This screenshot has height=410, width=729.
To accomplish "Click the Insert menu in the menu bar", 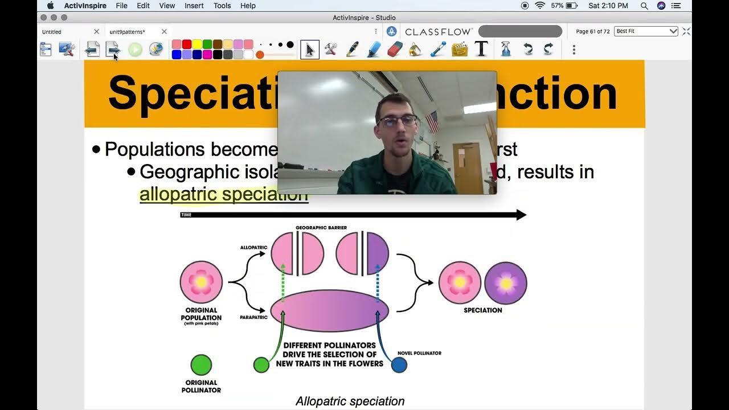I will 194,6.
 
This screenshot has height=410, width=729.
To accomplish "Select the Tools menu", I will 222,6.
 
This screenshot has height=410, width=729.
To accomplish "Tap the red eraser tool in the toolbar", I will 395,50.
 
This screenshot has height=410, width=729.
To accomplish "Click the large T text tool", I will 481,49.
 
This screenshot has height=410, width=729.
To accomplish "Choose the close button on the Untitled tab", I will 96,32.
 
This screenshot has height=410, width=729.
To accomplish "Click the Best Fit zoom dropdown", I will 646,31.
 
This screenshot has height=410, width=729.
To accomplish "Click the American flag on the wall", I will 432,122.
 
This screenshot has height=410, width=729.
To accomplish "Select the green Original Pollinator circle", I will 201,365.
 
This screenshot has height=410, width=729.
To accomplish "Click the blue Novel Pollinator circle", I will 399,365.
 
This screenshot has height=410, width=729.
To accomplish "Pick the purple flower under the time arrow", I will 506,283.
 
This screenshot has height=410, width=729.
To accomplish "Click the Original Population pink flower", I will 201,282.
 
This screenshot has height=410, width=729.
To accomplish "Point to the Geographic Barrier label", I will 321,228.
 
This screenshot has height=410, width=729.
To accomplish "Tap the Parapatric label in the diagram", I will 254,317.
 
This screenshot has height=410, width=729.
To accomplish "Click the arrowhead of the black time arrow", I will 521,215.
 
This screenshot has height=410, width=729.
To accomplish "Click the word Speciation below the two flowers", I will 483,310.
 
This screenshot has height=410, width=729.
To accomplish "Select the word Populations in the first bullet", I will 155,149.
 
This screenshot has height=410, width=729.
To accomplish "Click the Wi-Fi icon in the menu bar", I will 540,6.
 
